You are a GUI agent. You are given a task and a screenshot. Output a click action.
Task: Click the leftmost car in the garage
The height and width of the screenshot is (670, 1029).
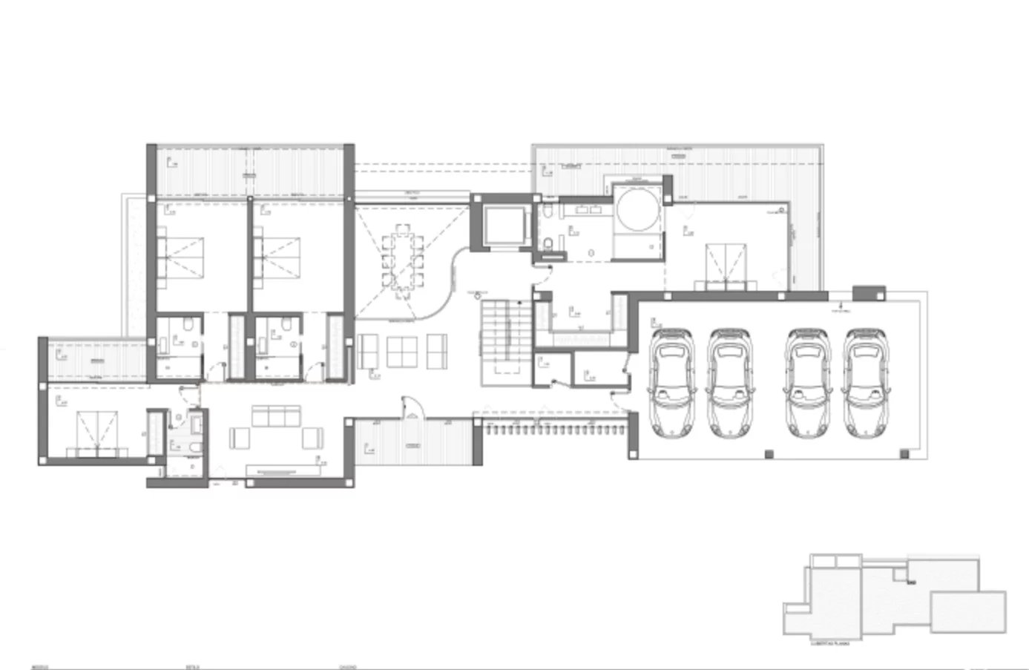(x=672, y=384)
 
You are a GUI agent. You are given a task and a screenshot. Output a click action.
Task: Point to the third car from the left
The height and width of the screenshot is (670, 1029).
(x=808, y=384)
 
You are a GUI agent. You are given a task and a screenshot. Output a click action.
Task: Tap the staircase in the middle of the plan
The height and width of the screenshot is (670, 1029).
(x=505, y=342)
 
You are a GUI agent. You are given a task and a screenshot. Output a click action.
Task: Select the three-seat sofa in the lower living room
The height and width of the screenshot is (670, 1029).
(x=277, y=416)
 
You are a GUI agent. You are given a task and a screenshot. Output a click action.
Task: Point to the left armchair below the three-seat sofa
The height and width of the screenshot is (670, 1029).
(x=242, y=439)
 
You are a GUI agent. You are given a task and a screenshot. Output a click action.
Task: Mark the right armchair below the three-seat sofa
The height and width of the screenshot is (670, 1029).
(x=312, y=439)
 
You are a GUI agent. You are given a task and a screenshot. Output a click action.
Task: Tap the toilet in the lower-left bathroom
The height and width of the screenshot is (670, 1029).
(x=191, y=447)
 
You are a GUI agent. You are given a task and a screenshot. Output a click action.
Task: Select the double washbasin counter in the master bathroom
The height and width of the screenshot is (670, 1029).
(x=586, y=210)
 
